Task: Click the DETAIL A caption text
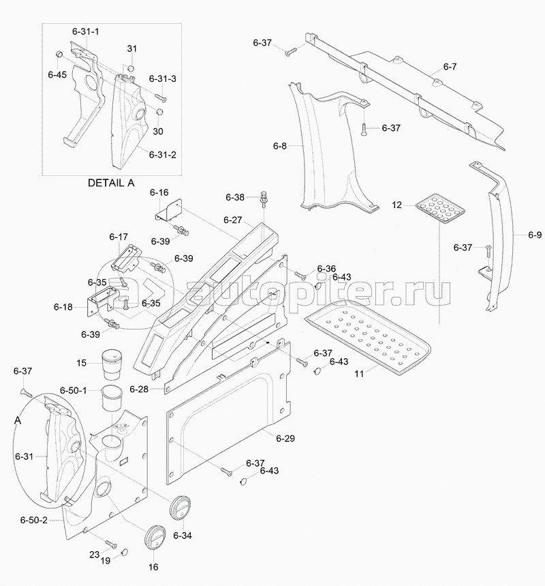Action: (x=112, y=183)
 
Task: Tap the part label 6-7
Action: (x=450, y=67)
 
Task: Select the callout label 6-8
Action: (x=280, y=145)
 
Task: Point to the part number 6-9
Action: (x=535, y=235)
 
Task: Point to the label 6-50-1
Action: (x=74, y=390)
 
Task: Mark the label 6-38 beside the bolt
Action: (x=235, y=197)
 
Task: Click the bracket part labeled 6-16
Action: (x=168, y=209)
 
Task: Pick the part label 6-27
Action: (x=232, y=220)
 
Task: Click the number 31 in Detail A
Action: (x=131, y=48)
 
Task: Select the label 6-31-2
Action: (x=163, y=155)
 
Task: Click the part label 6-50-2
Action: (x=33, y=520)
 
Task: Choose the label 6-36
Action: (x=326, y=268)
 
